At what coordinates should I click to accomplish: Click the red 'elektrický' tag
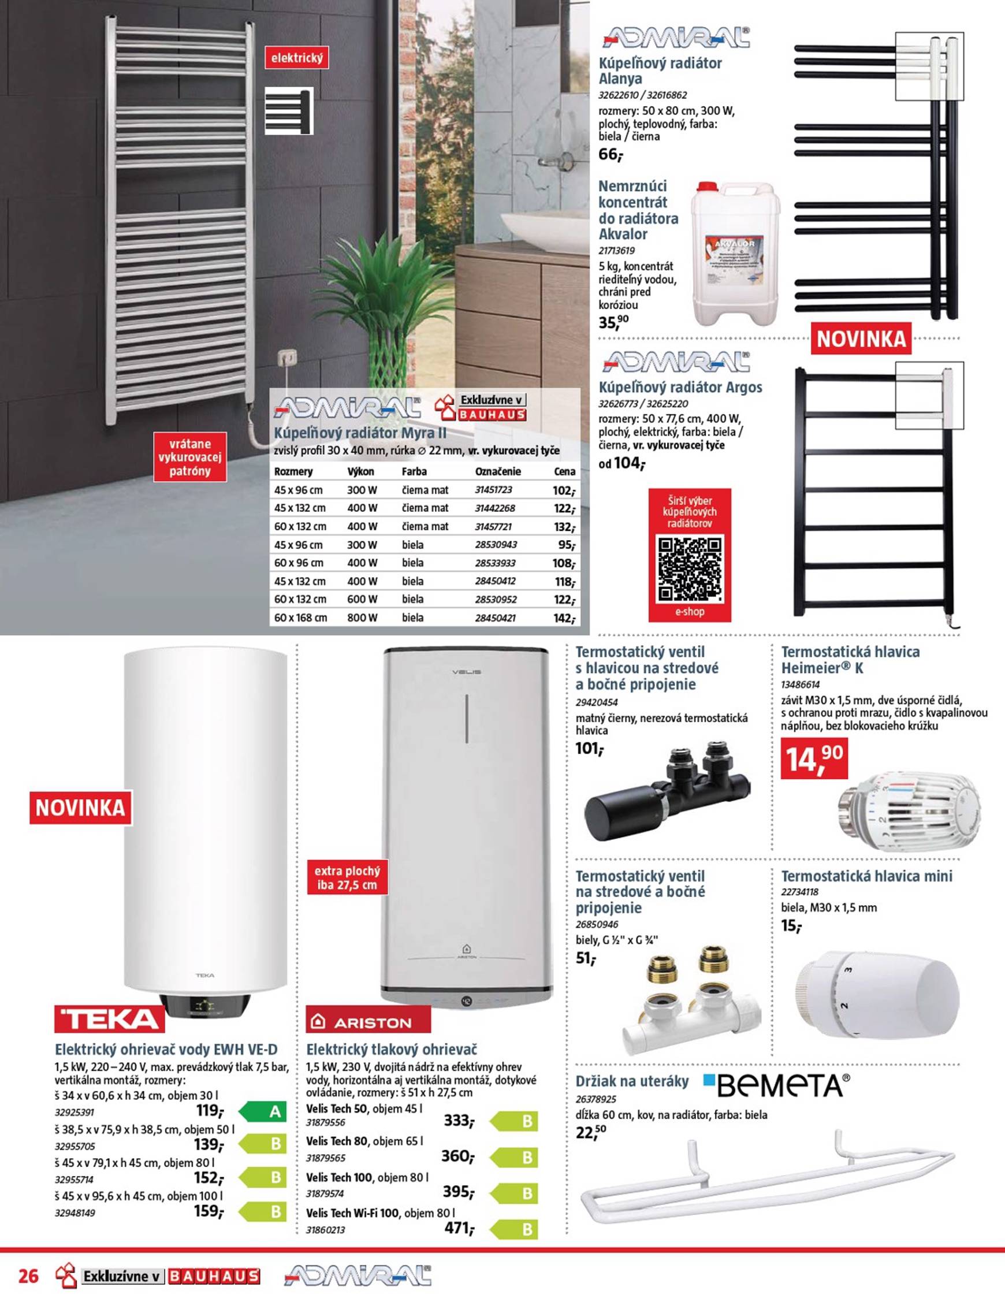pyautogui.click(x=297, y=58)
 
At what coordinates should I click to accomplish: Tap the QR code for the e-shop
pyautogui.click(x=689, y=569)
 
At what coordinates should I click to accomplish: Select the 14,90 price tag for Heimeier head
pyautogui.click(x=814, y=758)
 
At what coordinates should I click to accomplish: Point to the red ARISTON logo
pyautogui.click(x=368, y=1022)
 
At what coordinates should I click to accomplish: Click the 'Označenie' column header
pyautogui.click(x=498, y=471)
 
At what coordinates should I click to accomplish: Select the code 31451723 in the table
pyautogui.click(x=494, y=490)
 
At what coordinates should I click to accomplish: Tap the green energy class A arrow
pyautogui.click(x=263, y=1111)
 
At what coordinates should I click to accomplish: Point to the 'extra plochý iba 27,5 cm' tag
pyautogui.click(x=348, y=877)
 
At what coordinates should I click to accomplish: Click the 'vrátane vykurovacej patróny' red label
pyautogui.click(x=189, y=457)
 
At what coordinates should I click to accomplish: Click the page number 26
pyautogui.click(x=29, y=1276)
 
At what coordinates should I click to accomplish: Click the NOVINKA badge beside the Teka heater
pyautogui.click(x=80, y=808)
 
